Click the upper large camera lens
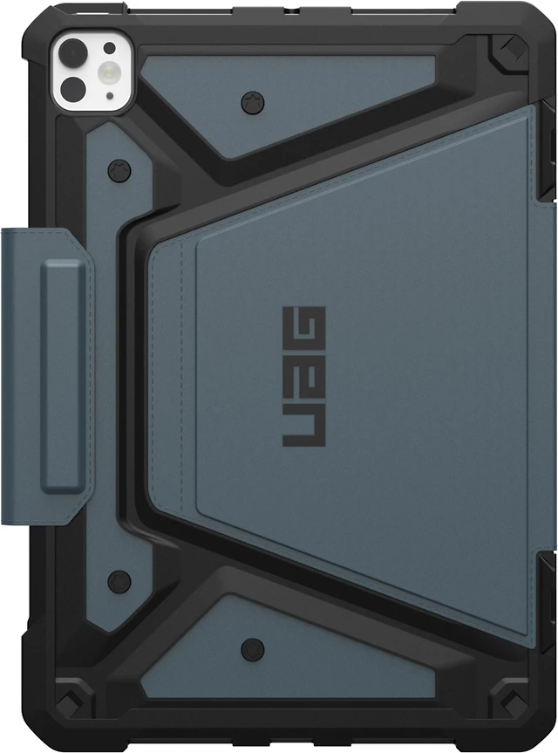pos(72,51)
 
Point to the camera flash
pos(108,72)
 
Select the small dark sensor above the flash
pos(110,48)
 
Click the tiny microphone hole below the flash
pos(111,96)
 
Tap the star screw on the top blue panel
pos(254,102)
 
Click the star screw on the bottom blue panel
pos(253,649)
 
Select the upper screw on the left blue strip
pos(119,170)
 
